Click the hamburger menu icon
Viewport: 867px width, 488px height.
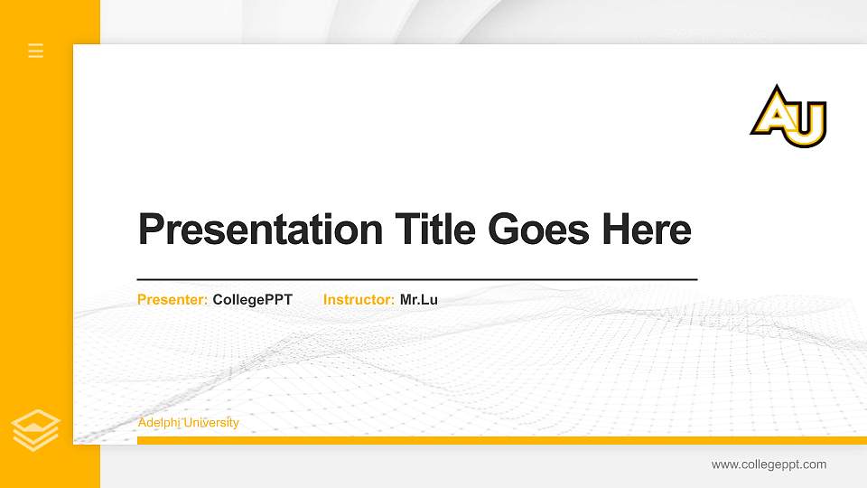tap(36, 51)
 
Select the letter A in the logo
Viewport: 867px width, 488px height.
tap(773, 112)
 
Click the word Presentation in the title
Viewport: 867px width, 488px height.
tap(260, 230)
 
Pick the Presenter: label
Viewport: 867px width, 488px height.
tap(172, 299)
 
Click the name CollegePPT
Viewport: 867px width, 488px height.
tap(253, 299)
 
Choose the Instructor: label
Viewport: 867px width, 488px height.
tap(359, 299)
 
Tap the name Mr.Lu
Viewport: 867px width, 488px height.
tap(419, 299)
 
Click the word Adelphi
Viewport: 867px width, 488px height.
tap(159, 423)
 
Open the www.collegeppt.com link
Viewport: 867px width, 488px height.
tap(769, 465)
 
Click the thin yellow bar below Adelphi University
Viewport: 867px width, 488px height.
tap(497, 440)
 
